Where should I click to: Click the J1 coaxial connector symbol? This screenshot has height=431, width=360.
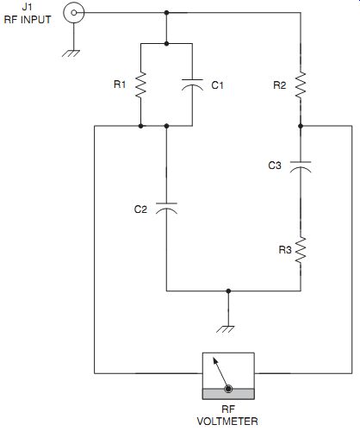74,13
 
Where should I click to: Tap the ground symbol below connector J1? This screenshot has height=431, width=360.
71,53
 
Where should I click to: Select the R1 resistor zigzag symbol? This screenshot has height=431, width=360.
140,85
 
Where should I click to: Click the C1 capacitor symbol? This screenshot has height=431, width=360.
192,84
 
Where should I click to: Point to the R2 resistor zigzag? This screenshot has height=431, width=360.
301,85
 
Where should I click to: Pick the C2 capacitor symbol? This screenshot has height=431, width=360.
166,209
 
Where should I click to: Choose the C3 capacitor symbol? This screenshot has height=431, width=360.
301,167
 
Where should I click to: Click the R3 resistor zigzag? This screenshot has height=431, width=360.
301,250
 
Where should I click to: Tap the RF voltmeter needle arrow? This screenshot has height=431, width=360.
220,373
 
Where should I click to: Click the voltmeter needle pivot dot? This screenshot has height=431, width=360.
228,390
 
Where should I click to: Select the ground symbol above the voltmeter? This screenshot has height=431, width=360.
226,329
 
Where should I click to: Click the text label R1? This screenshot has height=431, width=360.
120,84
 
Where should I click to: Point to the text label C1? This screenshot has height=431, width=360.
217,85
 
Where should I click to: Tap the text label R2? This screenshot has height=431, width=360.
280,85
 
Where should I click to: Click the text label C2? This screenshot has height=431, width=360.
140,209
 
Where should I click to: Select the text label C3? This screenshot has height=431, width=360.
275,166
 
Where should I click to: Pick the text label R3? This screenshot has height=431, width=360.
285,250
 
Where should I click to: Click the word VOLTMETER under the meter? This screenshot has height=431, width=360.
227,422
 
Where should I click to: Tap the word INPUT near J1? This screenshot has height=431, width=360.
35,20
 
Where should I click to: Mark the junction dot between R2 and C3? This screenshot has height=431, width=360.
301,126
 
